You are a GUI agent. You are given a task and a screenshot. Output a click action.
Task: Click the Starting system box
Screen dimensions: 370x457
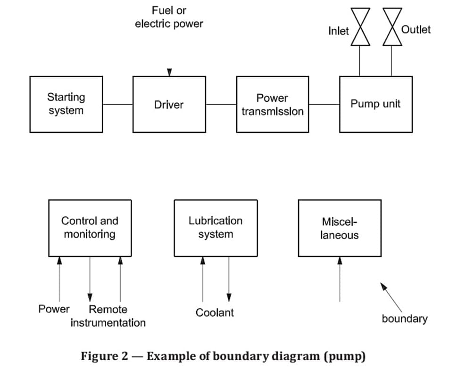(x=66, y=104)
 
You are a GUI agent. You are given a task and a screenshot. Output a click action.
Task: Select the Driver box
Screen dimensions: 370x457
(x=169, y=104)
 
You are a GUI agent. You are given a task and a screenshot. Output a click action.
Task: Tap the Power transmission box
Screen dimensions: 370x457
(x=272, y=104)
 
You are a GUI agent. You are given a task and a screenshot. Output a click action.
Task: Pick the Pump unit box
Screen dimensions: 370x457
(x=375, y=104)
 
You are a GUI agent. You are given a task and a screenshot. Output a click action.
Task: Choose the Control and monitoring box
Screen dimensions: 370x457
(x=90, y=228)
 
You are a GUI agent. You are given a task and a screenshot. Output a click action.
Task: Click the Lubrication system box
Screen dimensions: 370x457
(x=216, y=228)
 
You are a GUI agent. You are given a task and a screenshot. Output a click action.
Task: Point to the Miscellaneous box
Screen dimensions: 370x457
(x=340, y=228)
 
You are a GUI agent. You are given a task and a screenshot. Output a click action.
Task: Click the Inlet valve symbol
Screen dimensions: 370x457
(x=359, y=27)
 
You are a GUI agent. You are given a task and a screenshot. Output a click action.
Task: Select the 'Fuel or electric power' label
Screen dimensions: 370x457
(x=169, y=17)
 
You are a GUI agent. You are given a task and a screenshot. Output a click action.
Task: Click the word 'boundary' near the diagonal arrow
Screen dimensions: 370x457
(x=404, y=319)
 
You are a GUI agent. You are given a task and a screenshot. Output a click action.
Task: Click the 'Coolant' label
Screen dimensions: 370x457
(x=215, y=312)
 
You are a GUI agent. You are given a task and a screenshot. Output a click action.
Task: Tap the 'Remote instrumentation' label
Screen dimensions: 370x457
(x=108, y=316)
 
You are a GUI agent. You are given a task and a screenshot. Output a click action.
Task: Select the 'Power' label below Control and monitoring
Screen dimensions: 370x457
(x=54, y=310)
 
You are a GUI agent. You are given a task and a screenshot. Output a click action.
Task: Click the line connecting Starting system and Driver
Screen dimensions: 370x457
(x=117, y=104)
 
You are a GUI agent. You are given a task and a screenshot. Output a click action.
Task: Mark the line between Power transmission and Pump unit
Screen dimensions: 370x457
(x=324, y=104)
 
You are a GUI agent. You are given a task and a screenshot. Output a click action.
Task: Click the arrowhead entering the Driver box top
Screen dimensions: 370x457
(x=169, y=72)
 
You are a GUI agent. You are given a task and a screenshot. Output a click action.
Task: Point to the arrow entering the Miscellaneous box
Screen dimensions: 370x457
(x=340, y=278)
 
